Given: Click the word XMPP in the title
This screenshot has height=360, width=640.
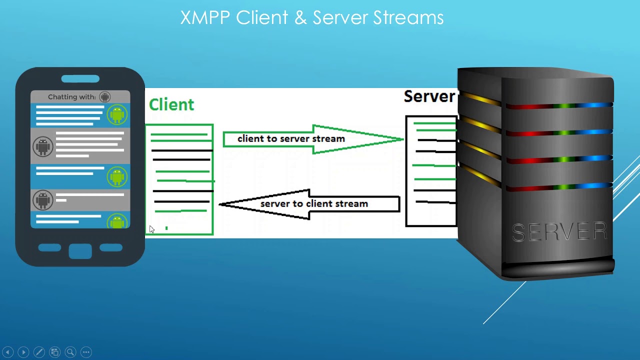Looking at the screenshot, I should coord(205,18).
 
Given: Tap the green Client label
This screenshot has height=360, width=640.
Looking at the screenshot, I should coord(171,104).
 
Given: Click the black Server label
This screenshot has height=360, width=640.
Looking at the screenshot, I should coord(429,96).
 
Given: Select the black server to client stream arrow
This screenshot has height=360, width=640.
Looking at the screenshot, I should coord(310,204).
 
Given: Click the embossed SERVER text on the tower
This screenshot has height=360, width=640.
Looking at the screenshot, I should coord(559,232).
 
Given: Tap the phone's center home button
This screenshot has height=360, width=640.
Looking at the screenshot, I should coord(80,250).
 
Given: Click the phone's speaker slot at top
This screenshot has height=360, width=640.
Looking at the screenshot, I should coord(80,78).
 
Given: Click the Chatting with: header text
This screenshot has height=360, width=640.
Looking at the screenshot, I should coord(71,97).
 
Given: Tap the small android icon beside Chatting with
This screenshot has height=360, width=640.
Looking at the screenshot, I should coord(104,96).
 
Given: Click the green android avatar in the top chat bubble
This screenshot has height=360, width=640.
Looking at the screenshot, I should coord(117,114).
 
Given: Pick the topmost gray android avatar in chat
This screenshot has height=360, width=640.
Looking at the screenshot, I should coord(43,146).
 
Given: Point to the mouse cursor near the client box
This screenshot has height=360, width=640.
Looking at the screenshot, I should coord(151,229).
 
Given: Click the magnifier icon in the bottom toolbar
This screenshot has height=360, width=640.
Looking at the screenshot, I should coord(70,352).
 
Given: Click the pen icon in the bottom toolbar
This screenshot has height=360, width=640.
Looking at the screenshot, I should coord(39,352).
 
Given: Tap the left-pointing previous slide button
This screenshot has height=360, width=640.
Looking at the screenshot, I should coord(7,352).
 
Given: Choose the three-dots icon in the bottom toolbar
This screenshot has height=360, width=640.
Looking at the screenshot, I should coord(86,352).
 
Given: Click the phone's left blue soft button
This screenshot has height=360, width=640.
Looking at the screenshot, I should coord(49,247).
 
